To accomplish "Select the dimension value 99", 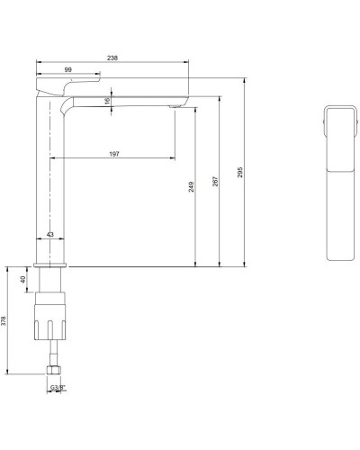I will [x=67, y=68].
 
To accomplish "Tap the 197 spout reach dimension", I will [x=114, y=154].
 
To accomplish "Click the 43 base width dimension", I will [x=50, y=235].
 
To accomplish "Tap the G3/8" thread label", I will [x=56, y=386].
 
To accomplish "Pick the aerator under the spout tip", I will [x=172, y=107].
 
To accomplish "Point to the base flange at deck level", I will [x=51, y=265].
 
